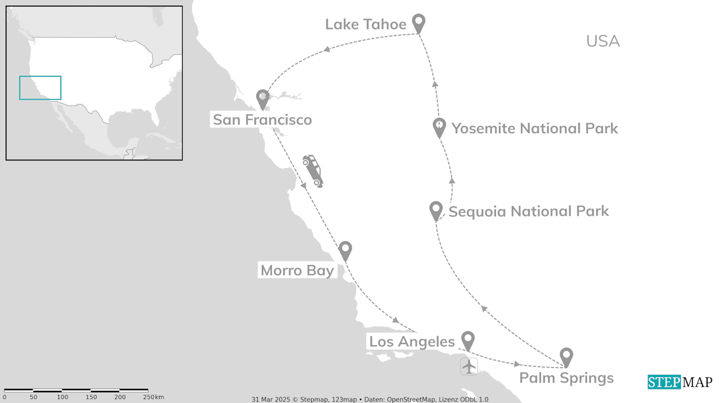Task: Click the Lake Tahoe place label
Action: [366, 24]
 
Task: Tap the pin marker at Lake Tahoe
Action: [418, 23]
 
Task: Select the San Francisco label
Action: [262, 120]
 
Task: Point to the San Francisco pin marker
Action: [262, 98]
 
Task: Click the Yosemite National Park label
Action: [534, 128]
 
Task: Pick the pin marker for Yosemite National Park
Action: [439, 127]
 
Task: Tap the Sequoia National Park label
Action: [529, 211]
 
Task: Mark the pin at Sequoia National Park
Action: [436, 210]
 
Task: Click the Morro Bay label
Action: [297, 270]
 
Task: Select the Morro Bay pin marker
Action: [345, 250]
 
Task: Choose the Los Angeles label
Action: [412, 342]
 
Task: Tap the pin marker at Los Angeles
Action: [468, 340]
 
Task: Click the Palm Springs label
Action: [566, 378]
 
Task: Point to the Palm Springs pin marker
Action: [567, 356]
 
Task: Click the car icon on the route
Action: [313, 171]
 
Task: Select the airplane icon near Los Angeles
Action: [469, 366]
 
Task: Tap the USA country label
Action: [603, 41]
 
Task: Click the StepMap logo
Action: [680, 382]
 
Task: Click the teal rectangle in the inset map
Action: [40, 88]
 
